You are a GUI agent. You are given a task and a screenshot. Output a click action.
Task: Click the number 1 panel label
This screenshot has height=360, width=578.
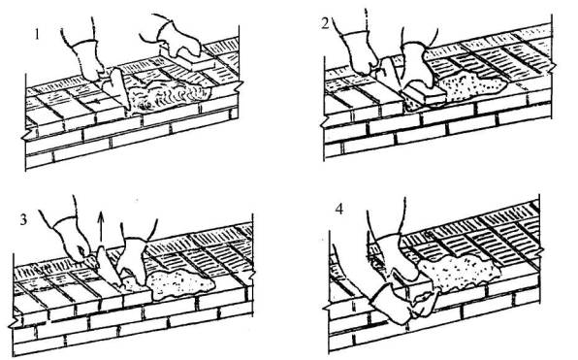point(36,34)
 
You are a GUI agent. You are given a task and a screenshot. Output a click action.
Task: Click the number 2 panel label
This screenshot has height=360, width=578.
point(326,23)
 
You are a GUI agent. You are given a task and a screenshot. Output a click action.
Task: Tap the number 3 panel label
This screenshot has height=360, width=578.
point(23,220)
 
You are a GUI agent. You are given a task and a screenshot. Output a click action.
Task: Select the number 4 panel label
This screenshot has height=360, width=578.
point(339,210)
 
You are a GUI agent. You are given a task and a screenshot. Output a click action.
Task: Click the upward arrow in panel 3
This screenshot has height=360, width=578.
point(100,228)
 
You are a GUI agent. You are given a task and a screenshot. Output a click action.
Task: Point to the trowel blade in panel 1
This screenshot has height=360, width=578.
point(118,87)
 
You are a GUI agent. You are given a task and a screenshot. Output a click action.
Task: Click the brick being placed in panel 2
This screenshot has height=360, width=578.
point(424,94)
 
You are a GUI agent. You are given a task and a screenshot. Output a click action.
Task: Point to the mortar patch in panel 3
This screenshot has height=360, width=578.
point(179,283)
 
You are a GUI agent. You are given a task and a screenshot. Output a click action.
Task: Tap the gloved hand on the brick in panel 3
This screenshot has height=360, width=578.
point(134,258)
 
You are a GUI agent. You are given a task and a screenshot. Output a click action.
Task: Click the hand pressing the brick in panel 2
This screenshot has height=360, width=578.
point(417,66)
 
